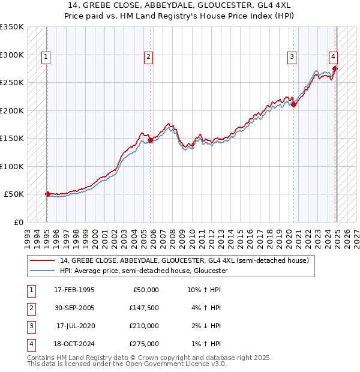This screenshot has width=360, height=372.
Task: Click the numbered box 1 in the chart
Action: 46,57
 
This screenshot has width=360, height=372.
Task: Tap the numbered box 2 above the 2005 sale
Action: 148,57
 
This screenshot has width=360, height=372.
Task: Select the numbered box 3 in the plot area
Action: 292,57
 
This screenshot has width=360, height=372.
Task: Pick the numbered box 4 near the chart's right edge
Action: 333,57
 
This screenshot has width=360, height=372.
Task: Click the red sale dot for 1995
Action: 47,194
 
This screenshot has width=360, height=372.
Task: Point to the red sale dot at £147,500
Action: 150,140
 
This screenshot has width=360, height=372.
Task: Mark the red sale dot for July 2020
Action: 294,105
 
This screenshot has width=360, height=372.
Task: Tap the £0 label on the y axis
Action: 17,222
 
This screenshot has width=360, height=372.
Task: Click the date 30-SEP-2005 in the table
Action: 74,308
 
